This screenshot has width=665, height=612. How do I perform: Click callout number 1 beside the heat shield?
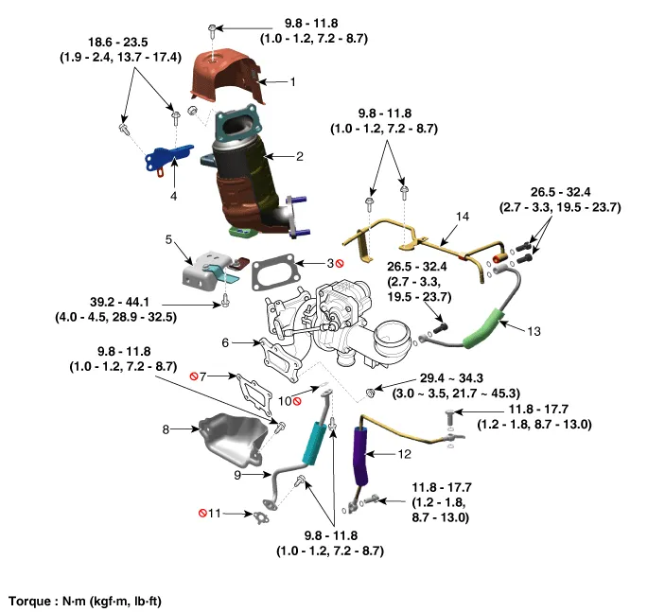pyautogui.click(x=292, y=82)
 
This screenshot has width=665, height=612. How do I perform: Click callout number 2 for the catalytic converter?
pyautogui.click(x=299, y=156)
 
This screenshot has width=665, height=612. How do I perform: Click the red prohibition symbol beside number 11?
pyautogui.click(x=202, y=513)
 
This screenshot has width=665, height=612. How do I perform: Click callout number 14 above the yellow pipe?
pyautogui.click(x=462, y=217)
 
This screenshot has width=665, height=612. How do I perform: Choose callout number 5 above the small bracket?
pyautogui.click(x=168, y=240)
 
